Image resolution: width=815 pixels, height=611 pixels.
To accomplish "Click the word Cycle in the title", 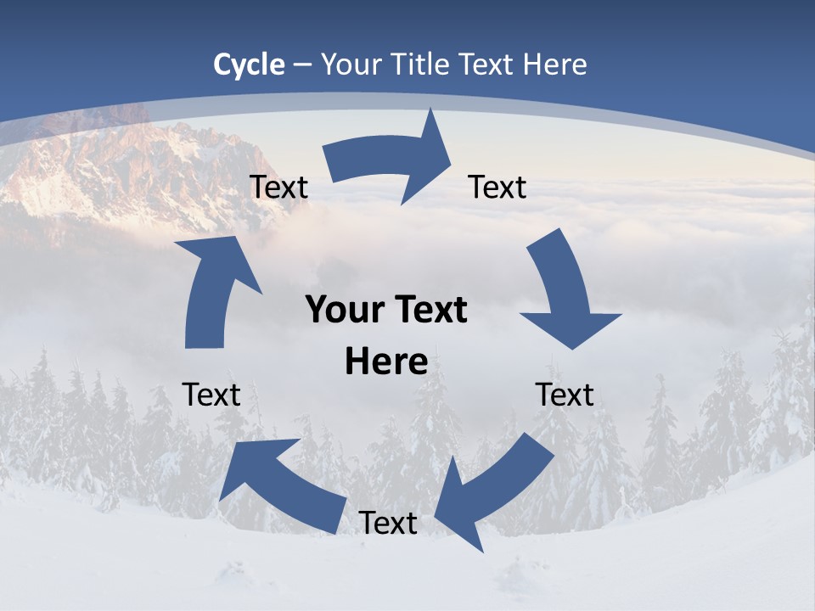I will [249, 64].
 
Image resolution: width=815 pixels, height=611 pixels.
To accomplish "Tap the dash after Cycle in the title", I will [301, 64].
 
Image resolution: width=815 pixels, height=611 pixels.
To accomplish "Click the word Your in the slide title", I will [351, 64].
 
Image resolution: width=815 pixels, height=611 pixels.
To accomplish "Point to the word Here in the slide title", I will [555, 64].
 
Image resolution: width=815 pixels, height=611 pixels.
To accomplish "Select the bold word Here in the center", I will [386, 362].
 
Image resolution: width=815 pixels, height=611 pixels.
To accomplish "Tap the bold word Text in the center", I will [429, 311].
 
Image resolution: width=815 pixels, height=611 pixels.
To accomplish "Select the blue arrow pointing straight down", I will [564, 293].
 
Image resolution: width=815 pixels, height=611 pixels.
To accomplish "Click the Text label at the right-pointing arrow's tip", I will [497, 187].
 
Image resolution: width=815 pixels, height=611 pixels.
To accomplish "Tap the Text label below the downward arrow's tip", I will [565, 395].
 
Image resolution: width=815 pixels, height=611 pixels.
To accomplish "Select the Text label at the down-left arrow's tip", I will [388, 523].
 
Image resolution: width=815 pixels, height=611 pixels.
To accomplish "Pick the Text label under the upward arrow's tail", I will [212, 395].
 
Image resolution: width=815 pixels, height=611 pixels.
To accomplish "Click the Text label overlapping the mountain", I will [278, 187].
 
